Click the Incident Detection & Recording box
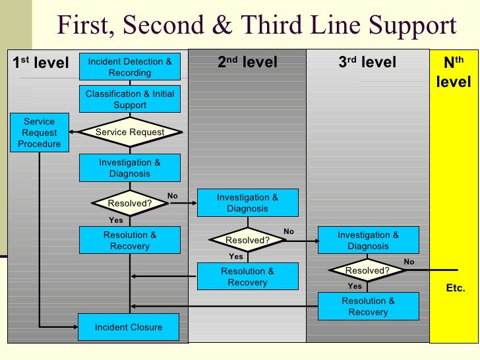point(130,67)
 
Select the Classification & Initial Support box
point(130,100)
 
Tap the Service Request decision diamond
point(130,132)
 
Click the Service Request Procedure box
point(40,133)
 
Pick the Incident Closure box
point(129,327)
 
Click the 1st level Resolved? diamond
point(130,203)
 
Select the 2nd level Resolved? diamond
point(247,240)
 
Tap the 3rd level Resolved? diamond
point(367,270)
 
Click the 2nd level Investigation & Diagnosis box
point(247,203)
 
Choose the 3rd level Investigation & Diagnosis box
point(368,241)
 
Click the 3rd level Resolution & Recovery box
point(368,307)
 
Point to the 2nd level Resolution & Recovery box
point(247,277)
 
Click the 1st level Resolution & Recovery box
point(130,241)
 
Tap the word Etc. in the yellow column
point(456,289)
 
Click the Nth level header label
point(454,73)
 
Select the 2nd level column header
point(247,63)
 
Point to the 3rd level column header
point(367,63)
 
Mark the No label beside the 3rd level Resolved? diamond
point(409,262)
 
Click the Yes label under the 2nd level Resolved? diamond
point(236,256)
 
